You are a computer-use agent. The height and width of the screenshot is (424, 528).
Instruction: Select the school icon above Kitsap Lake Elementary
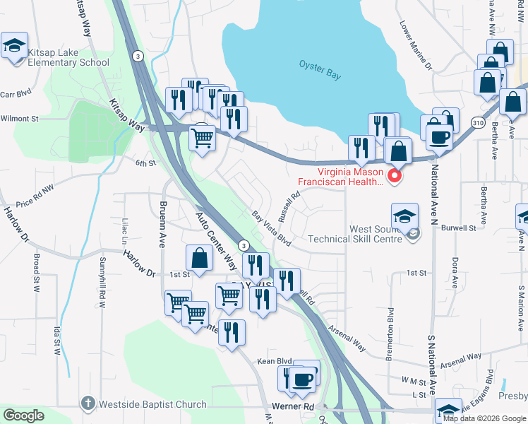[x=14, y=47]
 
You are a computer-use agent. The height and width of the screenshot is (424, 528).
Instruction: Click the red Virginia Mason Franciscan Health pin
[x=395, y=176]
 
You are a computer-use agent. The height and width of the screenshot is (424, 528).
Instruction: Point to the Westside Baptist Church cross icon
[x=88, y=404]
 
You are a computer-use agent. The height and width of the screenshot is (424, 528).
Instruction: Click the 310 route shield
[x=478, y=122]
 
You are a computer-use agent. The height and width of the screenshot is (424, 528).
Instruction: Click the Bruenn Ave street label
[x=162, y=223]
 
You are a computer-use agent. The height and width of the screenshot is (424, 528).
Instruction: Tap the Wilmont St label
[x=20, y=119]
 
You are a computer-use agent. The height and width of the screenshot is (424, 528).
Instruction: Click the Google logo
[x=24, y=416]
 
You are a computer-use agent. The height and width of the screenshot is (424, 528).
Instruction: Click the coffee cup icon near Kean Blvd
[x=304, y=378]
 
